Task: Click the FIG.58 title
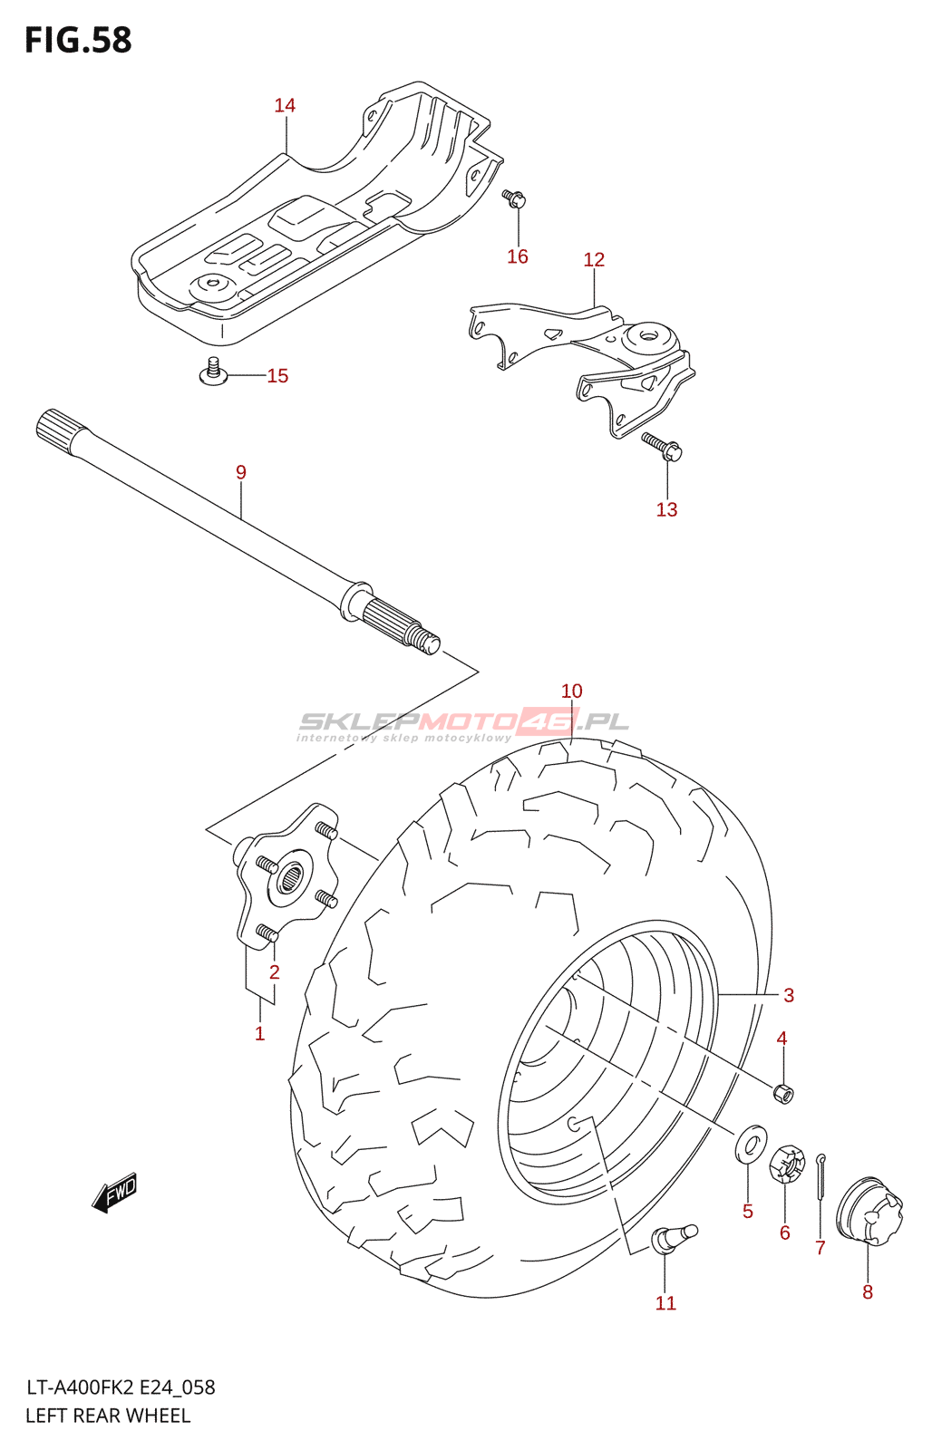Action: coord(78,40)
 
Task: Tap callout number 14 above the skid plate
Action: coord(285,106)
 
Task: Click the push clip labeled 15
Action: coord(214,372)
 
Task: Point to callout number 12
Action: coord(594,260)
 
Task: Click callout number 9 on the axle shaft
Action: coord(241,472)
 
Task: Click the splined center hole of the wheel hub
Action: coord(291,877)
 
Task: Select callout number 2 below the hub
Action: coord(274,972)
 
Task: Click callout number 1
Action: coord(260,1034)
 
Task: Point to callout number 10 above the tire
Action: coord(571,691)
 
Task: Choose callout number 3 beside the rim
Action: coord(789,996)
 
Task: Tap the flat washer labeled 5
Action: coord(750,1145)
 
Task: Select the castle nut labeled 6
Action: coord(787,1165)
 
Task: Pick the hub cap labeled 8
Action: coord(869,1211)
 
